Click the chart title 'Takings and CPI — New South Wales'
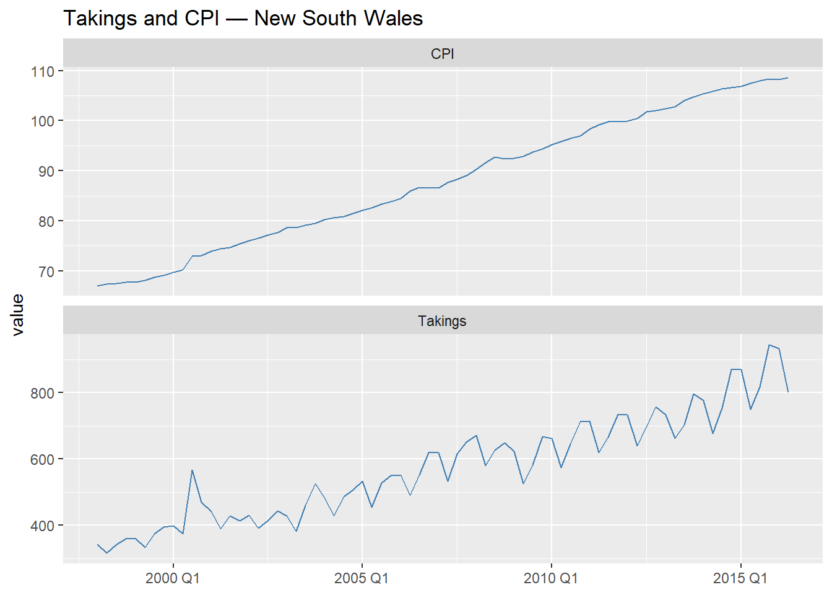pyautogui.click(x=243, y=18)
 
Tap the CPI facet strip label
pyautogui.click(x=442, y=54)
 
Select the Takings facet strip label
pyautogui.click(x=442, y=321)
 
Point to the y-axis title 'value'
pyautogui.click(x=17, y=315)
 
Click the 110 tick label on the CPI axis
pyautogui.click(x=42, y=71)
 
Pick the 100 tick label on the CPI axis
pyautogui.click(x=42, y=121)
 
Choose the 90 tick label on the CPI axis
pyautogui.click(x=46, y=171)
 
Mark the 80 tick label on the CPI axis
pyautogui.click(x=46, y=221)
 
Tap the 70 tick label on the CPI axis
pyautogui.click(x=46, y=271)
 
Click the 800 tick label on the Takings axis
pyautogui.click(x=42, y=393)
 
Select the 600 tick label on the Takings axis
pyautogui.click(x=42, y=459)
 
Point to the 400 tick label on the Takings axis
pyautogui.click(x=42, y=526)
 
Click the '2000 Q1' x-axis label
pyautogui.click(x=173, y=578)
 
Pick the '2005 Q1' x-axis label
pyautogui.click(x=362, y=578)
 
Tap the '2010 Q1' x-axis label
pyautogui.click(x=551, y=578)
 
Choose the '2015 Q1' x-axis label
pyautogui.click(x=740, y=578)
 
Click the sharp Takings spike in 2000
pyautogui.click(x=192, y=470)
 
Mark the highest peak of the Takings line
pyautogui.click(x=769, y=345)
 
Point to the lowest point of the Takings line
pyautogui.click(x=107, y=553)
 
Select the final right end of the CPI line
pyautogui.click(x=787, y=78)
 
